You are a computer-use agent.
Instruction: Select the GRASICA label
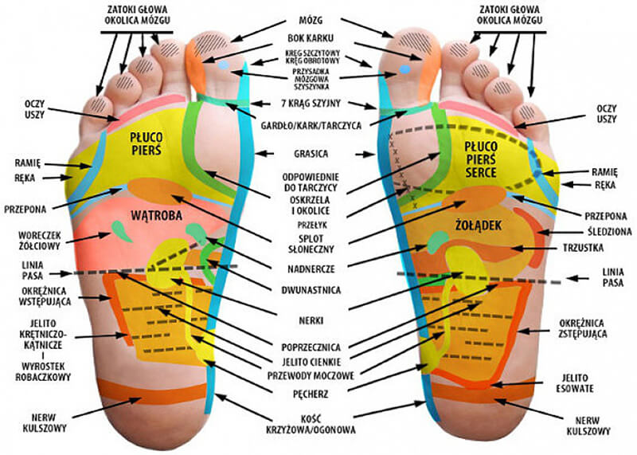click(x=311, y=153)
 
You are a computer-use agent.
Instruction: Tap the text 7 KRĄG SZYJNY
click(x=310, y=104)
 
